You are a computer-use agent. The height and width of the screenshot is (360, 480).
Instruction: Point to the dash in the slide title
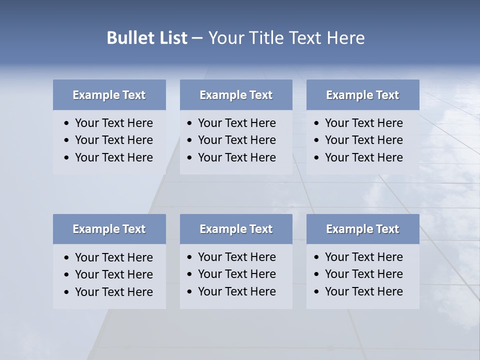[x=197, y=38]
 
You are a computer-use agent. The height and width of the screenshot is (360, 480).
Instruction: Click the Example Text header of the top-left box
[x=109, y=95]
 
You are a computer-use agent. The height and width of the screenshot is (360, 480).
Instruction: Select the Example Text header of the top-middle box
[x=236, y=95]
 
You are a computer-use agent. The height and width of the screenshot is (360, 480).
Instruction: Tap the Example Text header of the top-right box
[x=362, y=95]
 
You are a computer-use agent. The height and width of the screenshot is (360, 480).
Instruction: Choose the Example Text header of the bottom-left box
[x=109, y=229]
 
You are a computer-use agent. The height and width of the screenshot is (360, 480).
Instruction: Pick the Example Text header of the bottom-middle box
[x=236, y=229]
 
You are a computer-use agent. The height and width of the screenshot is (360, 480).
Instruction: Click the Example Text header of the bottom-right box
[x=362, y=229]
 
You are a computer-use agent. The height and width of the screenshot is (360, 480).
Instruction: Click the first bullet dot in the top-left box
[x=67, y=123]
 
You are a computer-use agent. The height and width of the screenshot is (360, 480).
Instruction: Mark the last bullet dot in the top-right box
[x=317, y=158]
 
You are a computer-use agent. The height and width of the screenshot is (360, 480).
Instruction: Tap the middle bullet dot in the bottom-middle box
[x=190, y=274]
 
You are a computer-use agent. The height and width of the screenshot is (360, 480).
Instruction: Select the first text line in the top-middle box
[x=236, y=123]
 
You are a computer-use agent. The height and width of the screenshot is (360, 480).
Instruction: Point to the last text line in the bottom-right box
[x=363, y=291]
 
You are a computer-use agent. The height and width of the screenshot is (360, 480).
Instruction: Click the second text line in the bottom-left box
[x=113, y=274]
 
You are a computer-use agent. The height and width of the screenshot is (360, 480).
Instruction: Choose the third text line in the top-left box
[x=113, y=157]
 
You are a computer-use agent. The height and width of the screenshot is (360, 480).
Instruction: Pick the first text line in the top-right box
[x=363, y=123]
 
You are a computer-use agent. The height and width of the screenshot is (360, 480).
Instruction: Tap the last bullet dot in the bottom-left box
[x=67, y=292]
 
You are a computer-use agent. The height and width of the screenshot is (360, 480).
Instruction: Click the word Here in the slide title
[x=345, y=38]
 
